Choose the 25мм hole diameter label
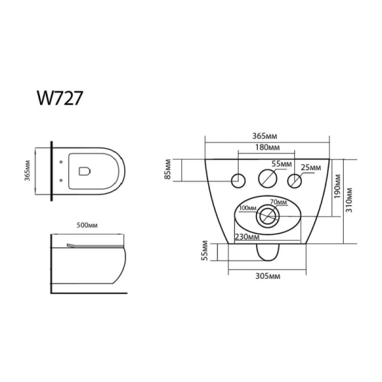pos(311,167)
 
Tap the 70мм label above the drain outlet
pos(279,202)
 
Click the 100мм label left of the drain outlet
pos(248,208)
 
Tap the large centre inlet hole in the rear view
pos(267,179)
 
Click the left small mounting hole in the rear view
pos(238,180)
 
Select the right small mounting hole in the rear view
pos(295,180)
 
